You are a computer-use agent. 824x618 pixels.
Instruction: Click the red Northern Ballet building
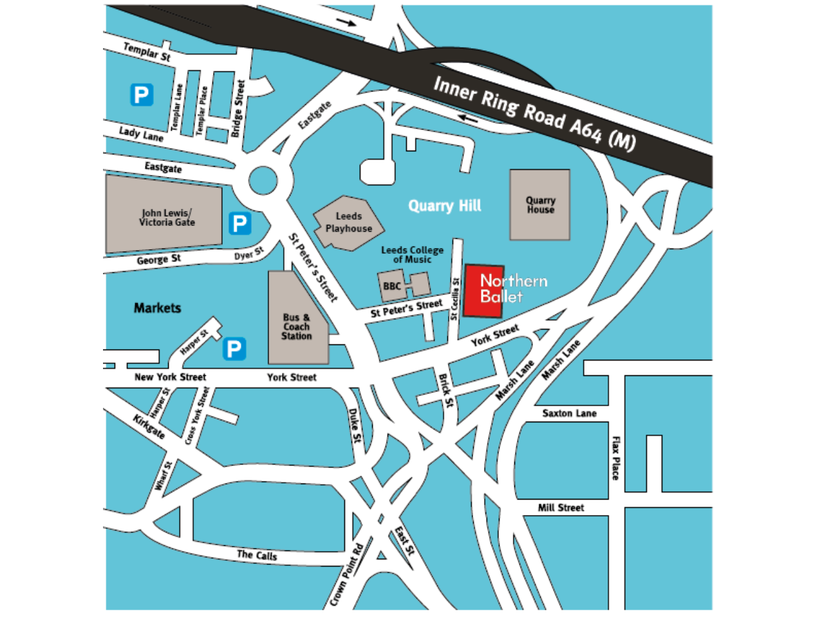pyautogui.click(x=484, y=291)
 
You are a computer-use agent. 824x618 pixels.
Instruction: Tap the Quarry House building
pyautogui.click(x=539, y=205)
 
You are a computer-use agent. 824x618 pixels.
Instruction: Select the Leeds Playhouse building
pyautogui.click(x=348, y=223)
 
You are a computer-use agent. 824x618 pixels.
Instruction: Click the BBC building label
pyautogui.click(x=391, y=286)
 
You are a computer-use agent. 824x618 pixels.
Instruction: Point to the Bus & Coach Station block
pyautogui.click(x=297, y=326)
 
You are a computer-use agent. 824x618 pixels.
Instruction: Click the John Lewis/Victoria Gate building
pyautogui.click(x=166, y=218)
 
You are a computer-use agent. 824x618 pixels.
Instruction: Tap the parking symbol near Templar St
pyautogui.click(x=142, y=95)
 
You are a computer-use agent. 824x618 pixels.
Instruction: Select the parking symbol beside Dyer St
pyautogui.click(x=239, y=223)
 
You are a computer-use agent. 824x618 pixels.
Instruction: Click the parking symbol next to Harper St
pyautogui.click(x=234, y=349)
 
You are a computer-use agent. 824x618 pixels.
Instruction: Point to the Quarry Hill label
pyautogui.click(x=445, y=206)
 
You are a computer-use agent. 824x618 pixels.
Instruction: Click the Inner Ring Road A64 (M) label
pyautogui.click(x=534, y=113)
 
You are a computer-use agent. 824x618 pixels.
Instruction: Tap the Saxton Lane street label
pyautogui.click(x=569, y=413)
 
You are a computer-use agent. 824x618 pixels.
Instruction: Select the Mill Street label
pyautogui.click(x=561, y=508)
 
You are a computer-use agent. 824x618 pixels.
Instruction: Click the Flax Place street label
pyautogui.click(x=615, y=458)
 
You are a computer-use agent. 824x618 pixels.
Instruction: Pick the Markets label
pyautogui.click(x=157, y=308)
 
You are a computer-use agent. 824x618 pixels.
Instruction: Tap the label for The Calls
pyautogui.click(x=257, y=554)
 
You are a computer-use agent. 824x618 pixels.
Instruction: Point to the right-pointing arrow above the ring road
pyautogui.click(x=346, y=23)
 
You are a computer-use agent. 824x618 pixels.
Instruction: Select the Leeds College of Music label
pyautogui.click(x=412, y=254)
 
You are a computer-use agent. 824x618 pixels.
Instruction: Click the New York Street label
pyautogui.click(x=170, y=377)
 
